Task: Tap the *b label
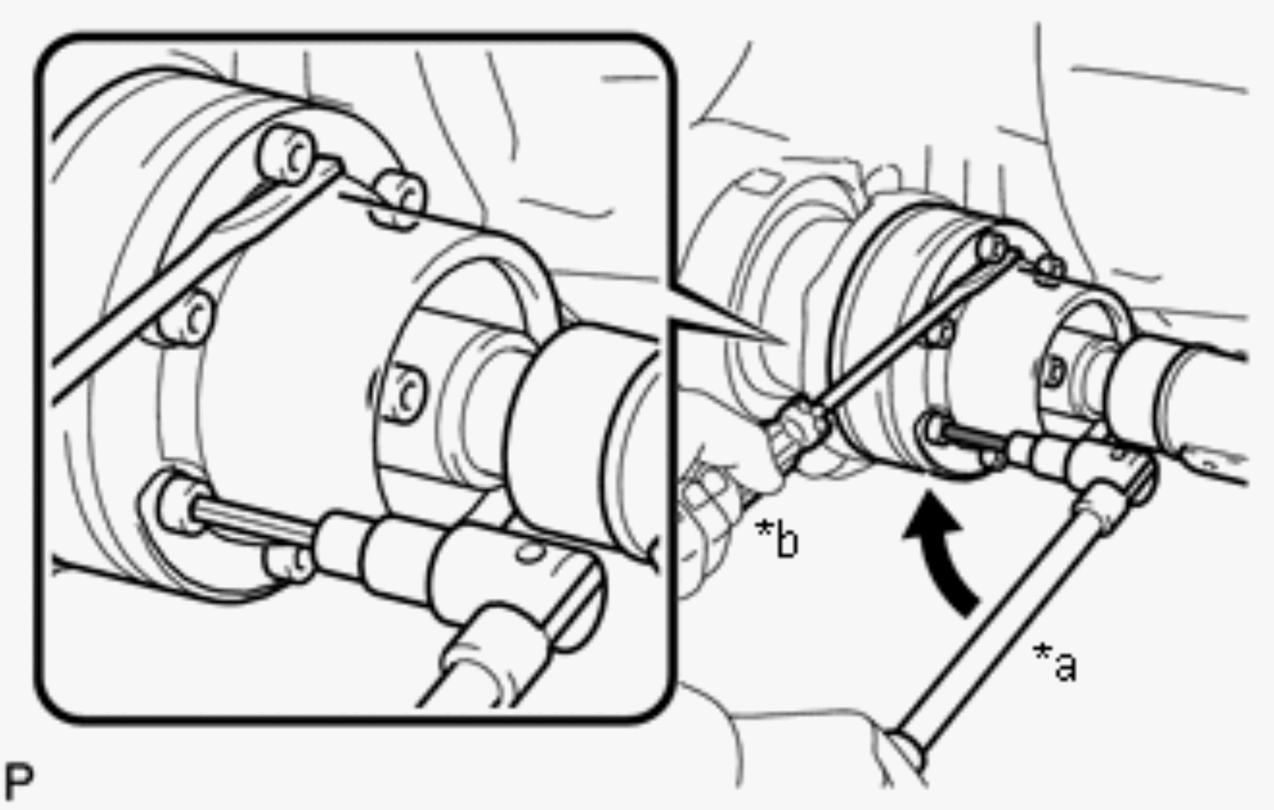(777, 537)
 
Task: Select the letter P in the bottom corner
(19, 781)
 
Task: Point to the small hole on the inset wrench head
(528, 553)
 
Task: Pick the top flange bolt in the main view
(993, 246)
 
